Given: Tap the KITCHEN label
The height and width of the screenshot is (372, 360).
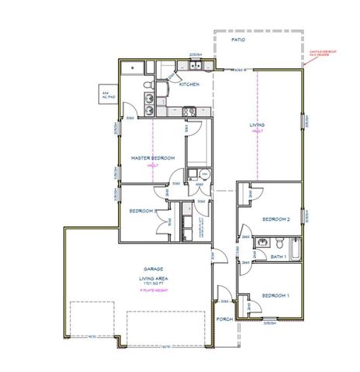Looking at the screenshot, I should pyautogui.click(x=189, y=84).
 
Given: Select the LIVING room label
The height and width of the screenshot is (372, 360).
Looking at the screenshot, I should pyautogui.click(x=257, y=125).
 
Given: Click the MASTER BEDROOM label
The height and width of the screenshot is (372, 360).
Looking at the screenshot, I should pyautogui.click(x=152, y=158).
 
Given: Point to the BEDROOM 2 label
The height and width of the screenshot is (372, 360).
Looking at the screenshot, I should pyautogui.click(x=276, y=219).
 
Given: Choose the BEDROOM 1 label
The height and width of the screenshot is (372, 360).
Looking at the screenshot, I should pyautogui.click(x=275, y=296).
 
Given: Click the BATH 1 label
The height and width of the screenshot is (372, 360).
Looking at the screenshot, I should pyautogui.click(x=279, y=257).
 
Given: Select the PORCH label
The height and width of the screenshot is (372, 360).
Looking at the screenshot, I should pyautogui.click(x=225, y=319).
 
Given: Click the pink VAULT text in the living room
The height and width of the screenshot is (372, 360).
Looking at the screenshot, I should pyautogui.click(x=257, y=132).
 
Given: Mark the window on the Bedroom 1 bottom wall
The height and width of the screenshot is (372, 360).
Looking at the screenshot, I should pyautogui.click(x=268, y=319).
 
